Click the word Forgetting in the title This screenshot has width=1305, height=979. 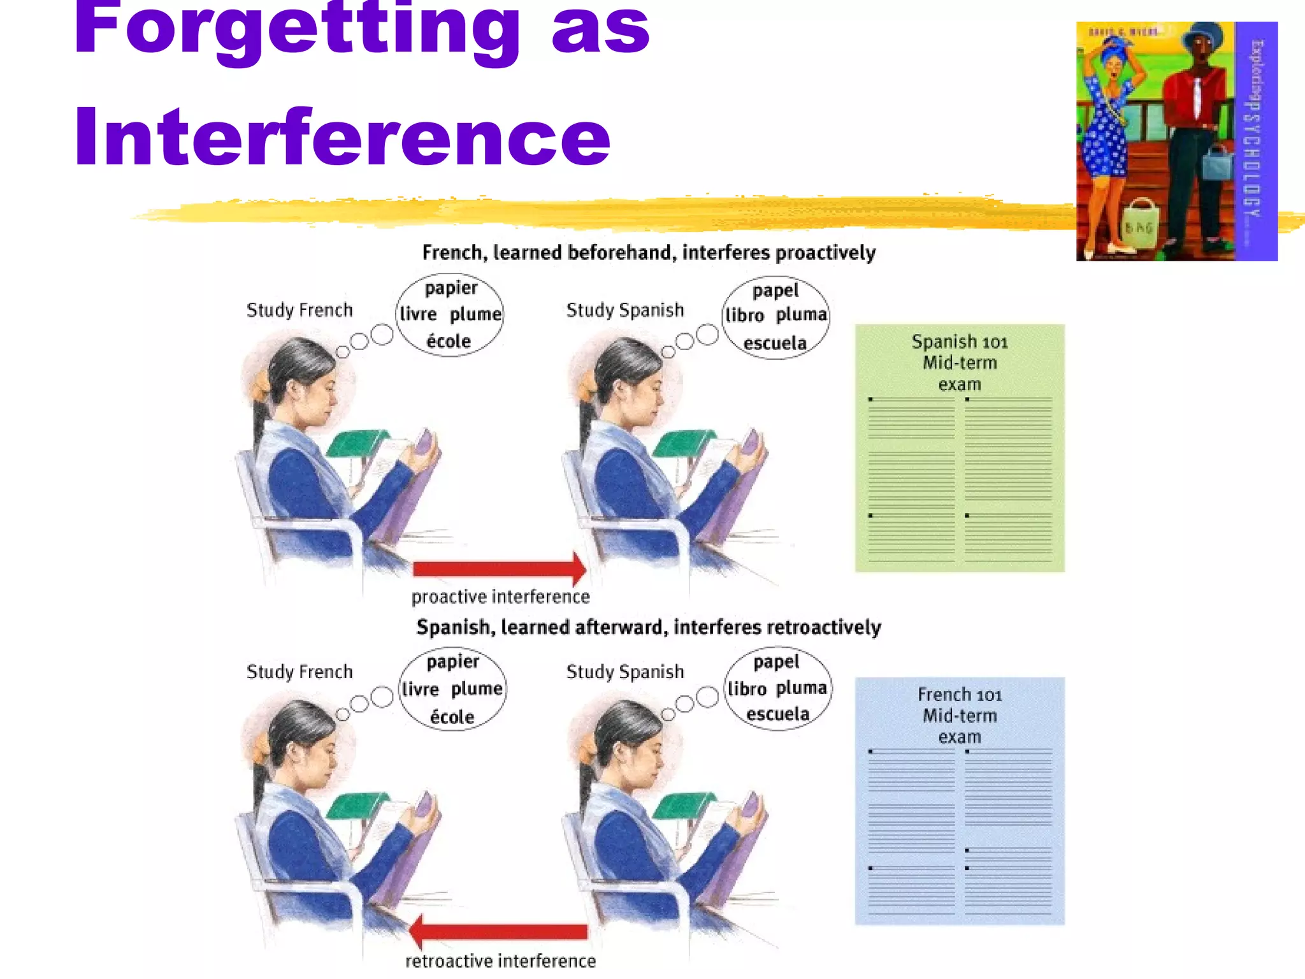[x=297, y=29]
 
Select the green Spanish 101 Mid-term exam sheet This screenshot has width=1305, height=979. [x=959, y=447]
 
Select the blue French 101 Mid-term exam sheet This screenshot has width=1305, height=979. [x=959, y=801]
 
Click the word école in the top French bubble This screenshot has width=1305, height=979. [x=449, y=342]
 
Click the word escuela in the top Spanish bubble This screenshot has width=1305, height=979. [x=775, y=344]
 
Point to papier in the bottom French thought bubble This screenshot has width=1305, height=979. [x=452, y=662]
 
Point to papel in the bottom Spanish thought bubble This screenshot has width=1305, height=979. [x=776, y=662]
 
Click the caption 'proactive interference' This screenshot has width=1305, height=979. [x=500, y=597]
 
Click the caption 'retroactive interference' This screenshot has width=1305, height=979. [x=500, y=961]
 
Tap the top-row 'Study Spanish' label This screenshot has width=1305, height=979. [x=624, y=310]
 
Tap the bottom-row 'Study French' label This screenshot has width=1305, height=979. [x=299, y=672]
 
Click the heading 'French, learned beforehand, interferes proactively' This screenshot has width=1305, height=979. [x=649, y=253]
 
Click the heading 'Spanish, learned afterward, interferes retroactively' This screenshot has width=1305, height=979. [x=649, y=627]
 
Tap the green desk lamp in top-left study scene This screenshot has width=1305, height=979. [x=357, y=442]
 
